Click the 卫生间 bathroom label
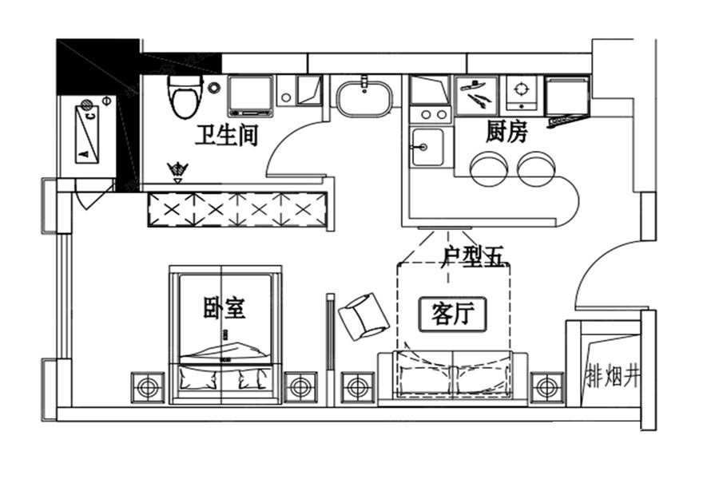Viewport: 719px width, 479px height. pyautogui.click(x=227, y=136)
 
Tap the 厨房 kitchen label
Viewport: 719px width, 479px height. pyautogui.click(x=506, y=131)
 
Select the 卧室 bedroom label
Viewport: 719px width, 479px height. pyautogui.click(x=224, y=307)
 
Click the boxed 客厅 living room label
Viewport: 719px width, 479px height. pyautogui.click(x=452, y=315)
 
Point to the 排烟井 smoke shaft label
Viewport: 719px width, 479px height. pyautogui.click(x=613, y=376)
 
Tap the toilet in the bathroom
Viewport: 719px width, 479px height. pyautogui.click(x=185, y=97)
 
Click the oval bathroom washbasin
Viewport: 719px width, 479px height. pyautogui.click(x=364, y=99)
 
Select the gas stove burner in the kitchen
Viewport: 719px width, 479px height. pyautogui.click(x=522, y=93)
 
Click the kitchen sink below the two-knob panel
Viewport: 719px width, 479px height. pyautogui.click(x=427, y=147)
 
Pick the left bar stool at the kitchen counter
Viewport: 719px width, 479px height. pyautogui.click(x=489, y=168)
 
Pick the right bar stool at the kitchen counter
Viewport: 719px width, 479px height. pyautogui.click(x=536, y=168)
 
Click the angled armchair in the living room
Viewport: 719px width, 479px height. pyautogui.click(x=363, y=317)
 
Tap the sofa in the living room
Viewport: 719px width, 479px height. pyautogui.click(x=452, y=378)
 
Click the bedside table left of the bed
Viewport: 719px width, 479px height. pyautogui.click(x=148, y=388)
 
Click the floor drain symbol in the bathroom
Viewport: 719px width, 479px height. pyautogui.click(x=178, y=170)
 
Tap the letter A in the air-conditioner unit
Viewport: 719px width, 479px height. pyautogui.click(x=84, y=154)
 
